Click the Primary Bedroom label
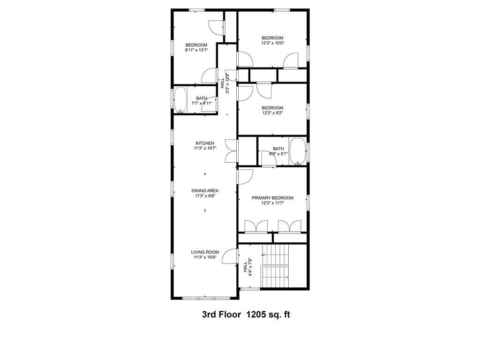click(x=272, y=198)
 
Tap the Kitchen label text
click(x=205, y=143)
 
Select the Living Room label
click(x=205, y=252)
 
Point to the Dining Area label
click(x=205, y=190)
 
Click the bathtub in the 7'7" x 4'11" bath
click(x=180, y=100)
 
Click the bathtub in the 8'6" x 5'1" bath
click(x=297, y=151)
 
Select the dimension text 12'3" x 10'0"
click(x=272, y=43)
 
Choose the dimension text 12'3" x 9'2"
click(x=272, y=113)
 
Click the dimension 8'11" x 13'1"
click(x=196, y=50)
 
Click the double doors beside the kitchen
click(x=231, y=151)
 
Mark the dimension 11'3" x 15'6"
click(x=205, y=257)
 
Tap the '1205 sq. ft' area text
click(x=269, y=315)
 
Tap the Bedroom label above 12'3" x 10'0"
click(x=272, y=38)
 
